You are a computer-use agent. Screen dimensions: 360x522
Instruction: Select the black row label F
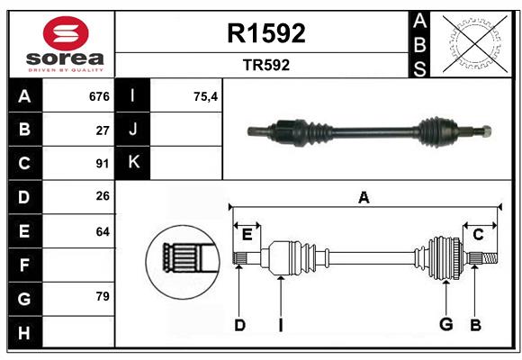tap(24, 265)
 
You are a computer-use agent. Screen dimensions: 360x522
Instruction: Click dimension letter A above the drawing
tap(364, 197)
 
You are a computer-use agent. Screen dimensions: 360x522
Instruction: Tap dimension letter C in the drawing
tap(478, 235)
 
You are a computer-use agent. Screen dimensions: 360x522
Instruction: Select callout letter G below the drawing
tap(444, 325)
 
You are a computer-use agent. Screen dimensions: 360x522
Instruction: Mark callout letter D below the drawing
tap(239, 325)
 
